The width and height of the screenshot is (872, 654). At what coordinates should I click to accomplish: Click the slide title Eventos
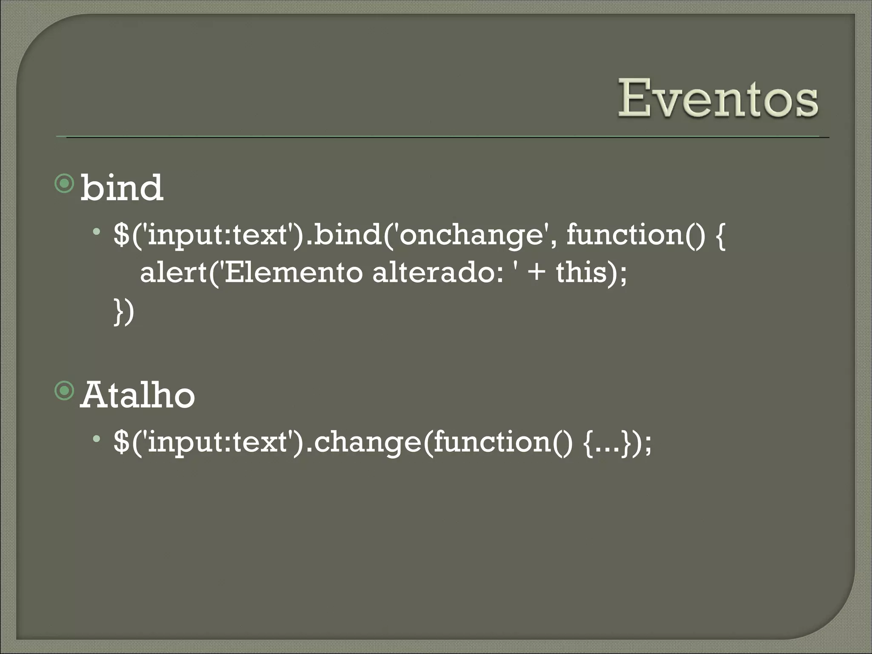point(718,99)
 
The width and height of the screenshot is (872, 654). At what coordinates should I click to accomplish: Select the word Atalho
point(137,396)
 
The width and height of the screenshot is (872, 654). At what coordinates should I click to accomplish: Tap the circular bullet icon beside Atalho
point(65,391)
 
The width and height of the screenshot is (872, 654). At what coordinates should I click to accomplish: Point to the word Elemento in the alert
point(293,273)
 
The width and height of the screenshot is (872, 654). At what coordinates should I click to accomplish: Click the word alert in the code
point(173,273)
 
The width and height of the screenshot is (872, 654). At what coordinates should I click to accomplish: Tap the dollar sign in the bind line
point(121,235)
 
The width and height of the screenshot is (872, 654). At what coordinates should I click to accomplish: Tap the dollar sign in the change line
point(121,442)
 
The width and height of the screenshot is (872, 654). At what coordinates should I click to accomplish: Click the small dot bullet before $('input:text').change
point(98,438)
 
